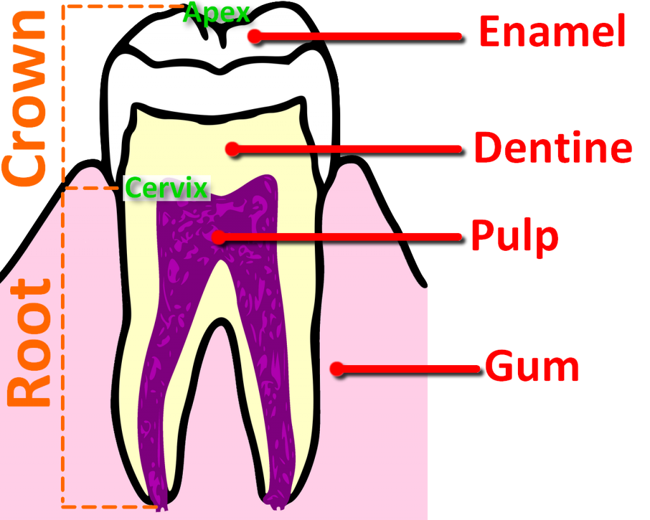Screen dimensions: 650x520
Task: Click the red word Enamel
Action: pyautogui.click(x=552, y=31)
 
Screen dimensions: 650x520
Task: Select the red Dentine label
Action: pyautogui.click(x=554, y=147)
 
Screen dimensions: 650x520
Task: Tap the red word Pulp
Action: pyautogui.click(x=515, y=236)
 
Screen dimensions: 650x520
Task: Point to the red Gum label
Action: pyautogui.click(x=532, y=365)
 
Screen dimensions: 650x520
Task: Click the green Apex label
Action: pyautogui.click(x=216, y=13)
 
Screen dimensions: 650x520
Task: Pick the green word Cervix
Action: pyautogui.click(x=166, y=187)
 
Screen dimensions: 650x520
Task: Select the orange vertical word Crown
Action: pyautogui.click(x=24, y=97)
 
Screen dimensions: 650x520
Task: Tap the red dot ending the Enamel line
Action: pyautogui.click(x=255, y=36)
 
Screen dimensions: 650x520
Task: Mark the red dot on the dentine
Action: pyautogui.click(x=232, y=149)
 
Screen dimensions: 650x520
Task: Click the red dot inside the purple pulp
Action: pyautogui.click(x=218, y=237)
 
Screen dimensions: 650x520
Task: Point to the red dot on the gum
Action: pyautogui.click(x=337, y=368)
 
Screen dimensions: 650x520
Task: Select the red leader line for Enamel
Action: pyautogui.click(x=359, y=36)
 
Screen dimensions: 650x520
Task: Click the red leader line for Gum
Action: pyautogui.click(x=408, y=369)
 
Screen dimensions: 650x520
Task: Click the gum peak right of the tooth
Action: pyautogui.click(x=353, y=158)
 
